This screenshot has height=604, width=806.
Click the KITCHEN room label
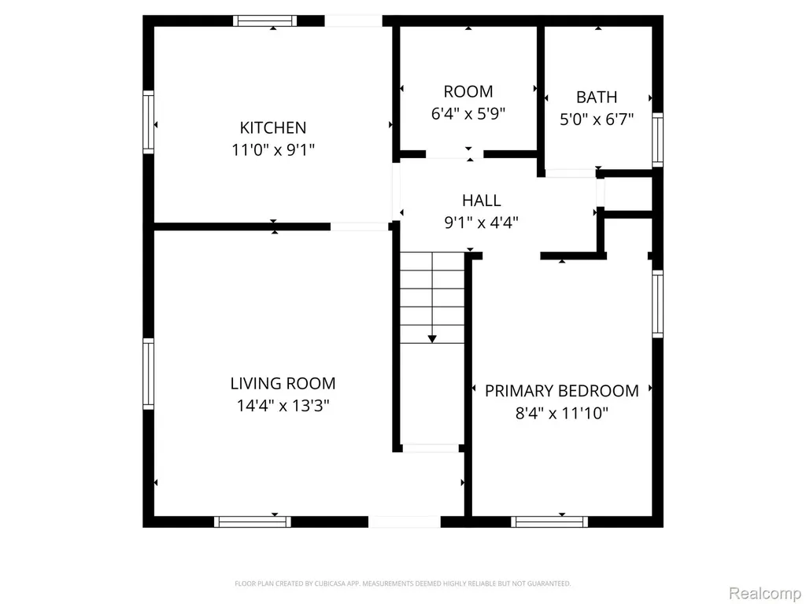(273, 127)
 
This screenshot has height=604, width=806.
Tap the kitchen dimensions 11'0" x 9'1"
(273, 150)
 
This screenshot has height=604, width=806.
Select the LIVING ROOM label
(283, 383)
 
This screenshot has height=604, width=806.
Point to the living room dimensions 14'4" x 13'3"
(283, 406)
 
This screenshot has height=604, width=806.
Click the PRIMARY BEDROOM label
(562, 391)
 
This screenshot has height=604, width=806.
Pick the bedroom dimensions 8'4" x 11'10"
(562, 413)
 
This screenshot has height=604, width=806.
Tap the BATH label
(597, 97)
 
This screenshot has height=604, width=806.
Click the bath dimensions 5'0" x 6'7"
(597, 120)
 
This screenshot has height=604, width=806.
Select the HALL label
(481, 201)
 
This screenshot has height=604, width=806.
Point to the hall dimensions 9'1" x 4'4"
(481, 223)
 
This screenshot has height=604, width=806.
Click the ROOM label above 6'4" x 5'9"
(468, 91)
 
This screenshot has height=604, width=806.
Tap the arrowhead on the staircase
(432, 339)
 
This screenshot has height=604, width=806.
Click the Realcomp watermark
(765, 593)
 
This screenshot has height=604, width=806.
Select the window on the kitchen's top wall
(265, 21)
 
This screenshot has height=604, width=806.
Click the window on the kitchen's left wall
(148, 122)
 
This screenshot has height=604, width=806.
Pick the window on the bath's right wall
(657, 140)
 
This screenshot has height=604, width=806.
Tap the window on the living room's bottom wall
(253, 522)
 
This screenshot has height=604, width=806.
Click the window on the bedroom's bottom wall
(549, 522)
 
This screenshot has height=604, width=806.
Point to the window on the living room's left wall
(148, 374)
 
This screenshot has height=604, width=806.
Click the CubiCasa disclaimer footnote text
(402, 584)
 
